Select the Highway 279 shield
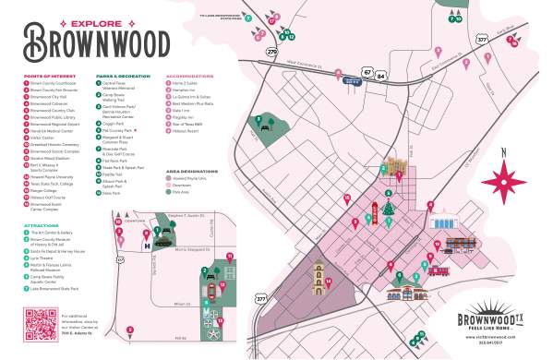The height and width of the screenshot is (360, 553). click(x=271, y=53)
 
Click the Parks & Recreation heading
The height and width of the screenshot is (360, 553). click(x=121, y=77)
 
